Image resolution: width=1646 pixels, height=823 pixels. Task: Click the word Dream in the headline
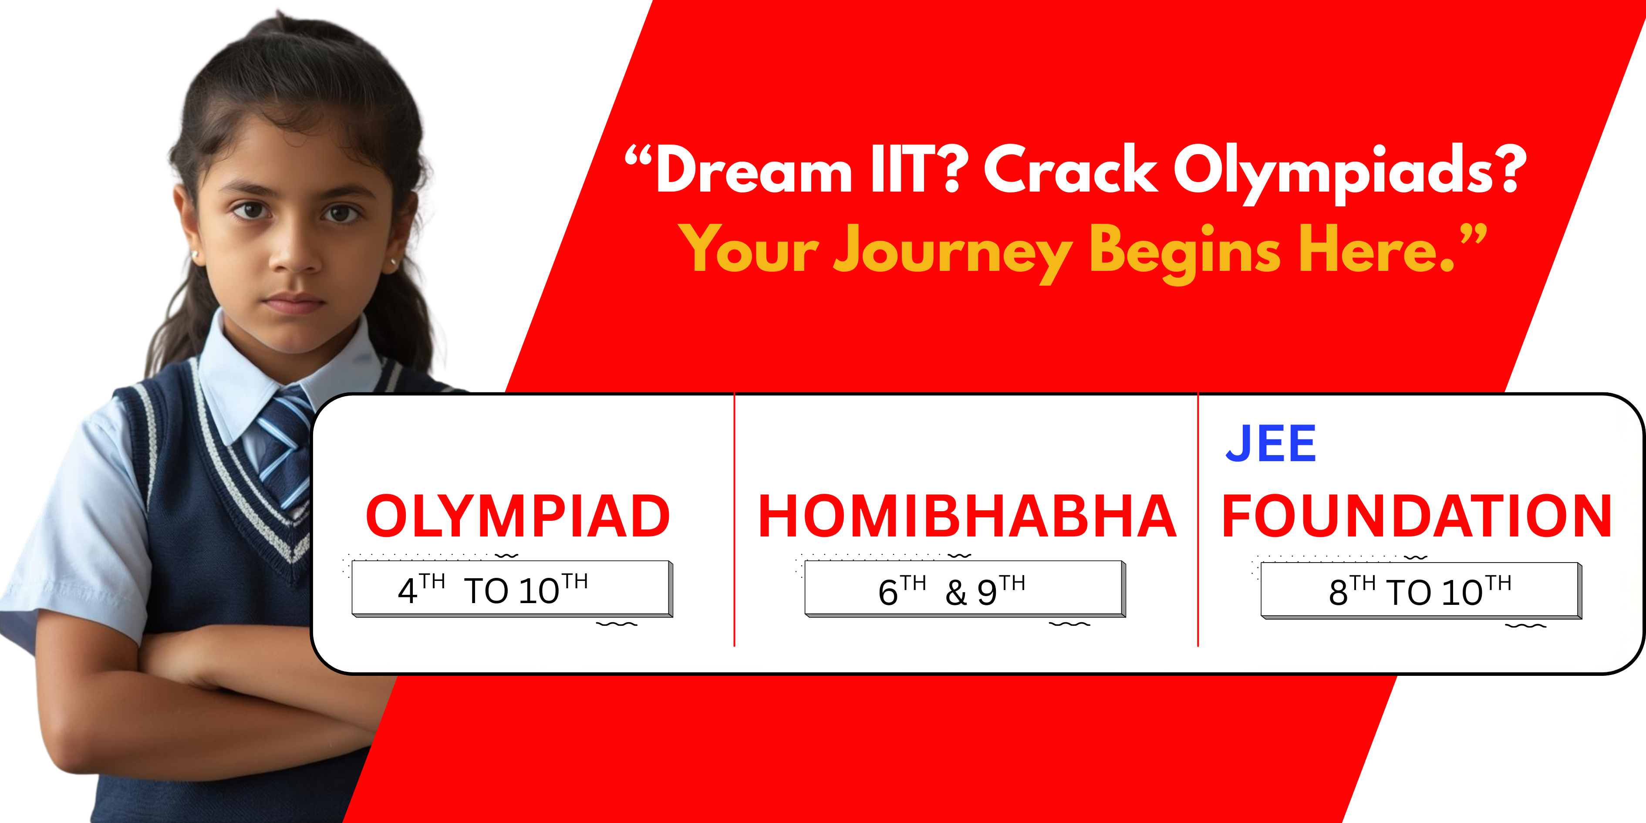pos(754,169)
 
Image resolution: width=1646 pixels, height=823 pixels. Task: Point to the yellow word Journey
pos(952,253)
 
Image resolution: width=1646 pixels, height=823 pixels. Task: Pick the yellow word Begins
pos(1185,253)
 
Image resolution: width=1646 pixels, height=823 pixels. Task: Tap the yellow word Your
pos(748,249)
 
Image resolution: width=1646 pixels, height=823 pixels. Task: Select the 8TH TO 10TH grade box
pos(1421,591)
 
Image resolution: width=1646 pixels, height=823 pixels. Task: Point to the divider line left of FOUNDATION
pos(1198,520)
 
